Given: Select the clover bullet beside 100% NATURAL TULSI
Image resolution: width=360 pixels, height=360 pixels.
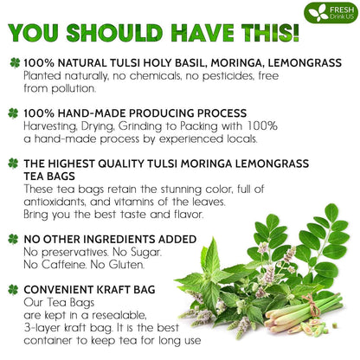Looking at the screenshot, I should (13, 64).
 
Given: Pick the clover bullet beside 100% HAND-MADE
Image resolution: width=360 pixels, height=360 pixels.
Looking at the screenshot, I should (13, 113).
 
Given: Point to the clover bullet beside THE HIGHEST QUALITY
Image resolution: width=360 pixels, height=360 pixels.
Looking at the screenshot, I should (13, 163).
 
